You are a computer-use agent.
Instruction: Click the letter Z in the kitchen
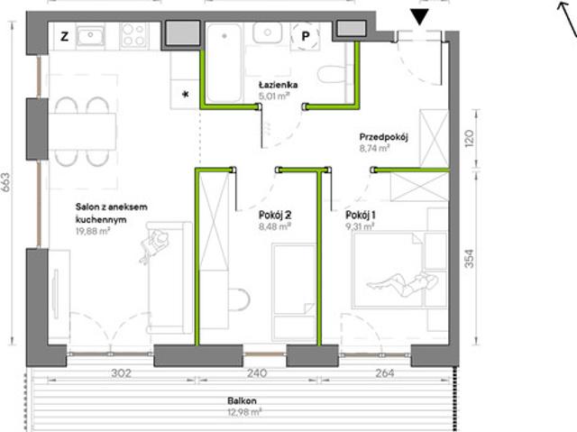(64, 36)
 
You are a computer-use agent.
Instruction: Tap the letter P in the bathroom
(306, 36)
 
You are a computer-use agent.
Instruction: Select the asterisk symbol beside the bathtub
(186, 94)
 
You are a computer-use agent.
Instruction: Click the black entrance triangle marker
(419, 17)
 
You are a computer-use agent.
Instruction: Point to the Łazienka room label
(279, 85)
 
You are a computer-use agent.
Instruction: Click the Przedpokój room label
(384, 137)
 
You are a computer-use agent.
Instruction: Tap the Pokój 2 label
(275, 215)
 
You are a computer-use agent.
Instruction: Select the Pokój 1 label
(361, 215)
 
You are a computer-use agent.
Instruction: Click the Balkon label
(242, 400)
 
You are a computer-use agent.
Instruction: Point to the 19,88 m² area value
(93, 231)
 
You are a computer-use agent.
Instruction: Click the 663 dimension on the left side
(6, 182)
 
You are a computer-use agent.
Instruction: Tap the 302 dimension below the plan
(121, 373)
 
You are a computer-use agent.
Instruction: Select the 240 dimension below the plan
(256, 373)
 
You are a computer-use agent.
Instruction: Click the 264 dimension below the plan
(385, 373)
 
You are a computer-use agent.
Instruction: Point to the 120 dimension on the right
(469, 138)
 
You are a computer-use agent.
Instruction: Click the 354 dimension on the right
(469, 259)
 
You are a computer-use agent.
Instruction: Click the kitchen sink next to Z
(90, 37)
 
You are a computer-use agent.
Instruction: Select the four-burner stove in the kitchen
(134, 35)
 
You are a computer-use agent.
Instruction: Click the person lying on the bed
(402, 284)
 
